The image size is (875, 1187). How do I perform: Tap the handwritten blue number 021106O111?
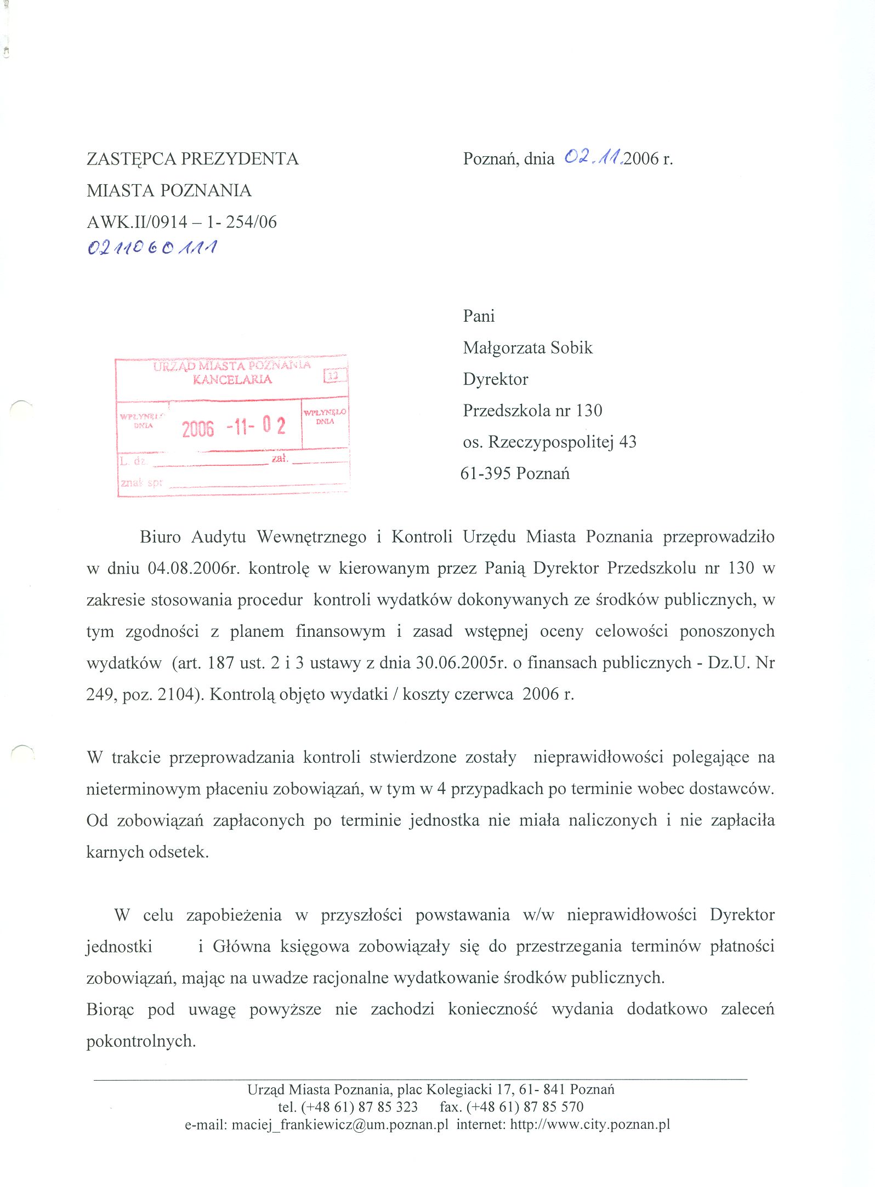[152, 248]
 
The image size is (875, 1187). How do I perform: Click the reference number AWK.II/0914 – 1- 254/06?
[181, 222]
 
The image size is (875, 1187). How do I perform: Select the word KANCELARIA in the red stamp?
[232, 379]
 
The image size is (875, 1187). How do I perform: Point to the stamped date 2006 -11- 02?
[234, 426]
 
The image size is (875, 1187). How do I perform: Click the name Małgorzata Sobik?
[527, 347]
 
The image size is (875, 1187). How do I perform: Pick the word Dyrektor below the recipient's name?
[495, 379]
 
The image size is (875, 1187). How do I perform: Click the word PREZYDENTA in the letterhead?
[240, 159]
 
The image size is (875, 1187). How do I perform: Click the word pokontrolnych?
[141, 1041]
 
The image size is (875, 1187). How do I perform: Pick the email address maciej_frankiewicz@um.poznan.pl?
[340, 1125]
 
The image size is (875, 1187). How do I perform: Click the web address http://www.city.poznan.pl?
[590, 1125]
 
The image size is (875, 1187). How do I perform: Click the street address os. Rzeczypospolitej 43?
[549, 442]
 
